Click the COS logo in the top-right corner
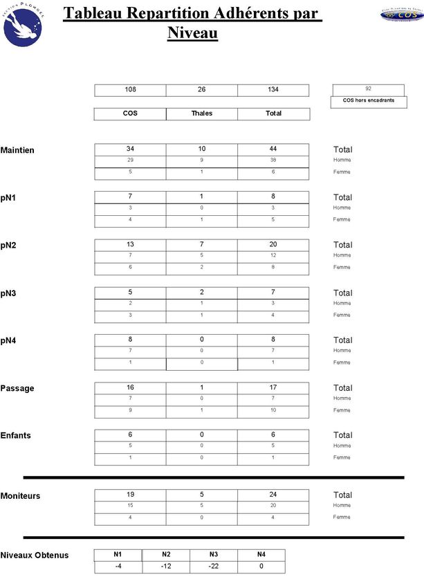[x=401, y=15]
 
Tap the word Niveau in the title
[x=192, y=33]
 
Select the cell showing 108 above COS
[x=130, y=90]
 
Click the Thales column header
[x=201, y=113]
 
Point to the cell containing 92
[x=369, y=89]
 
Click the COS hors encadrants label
[x=369, y=101]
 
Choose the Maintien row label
[x=18, y=150]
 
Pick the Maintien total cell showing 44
[x=273, y=149]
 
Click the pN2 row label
[x=9, y=246]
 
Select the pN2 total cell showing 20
[x=273, y=244]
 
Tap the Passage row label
[x=18, y=388]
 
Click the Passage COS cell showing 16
[x=130, y=387]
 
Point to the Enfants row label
[x=16, y=436]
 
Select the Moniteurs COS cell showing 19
[x=130, y=495]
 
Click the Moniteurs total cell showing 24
[x=273, y=495]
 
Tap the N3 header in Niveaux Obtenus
[x=213, y=554]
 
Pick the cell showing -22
[x=213, y=567]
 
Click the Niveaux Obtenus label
[x=35, y=555]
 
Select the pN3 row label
[x=9, y=293]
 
